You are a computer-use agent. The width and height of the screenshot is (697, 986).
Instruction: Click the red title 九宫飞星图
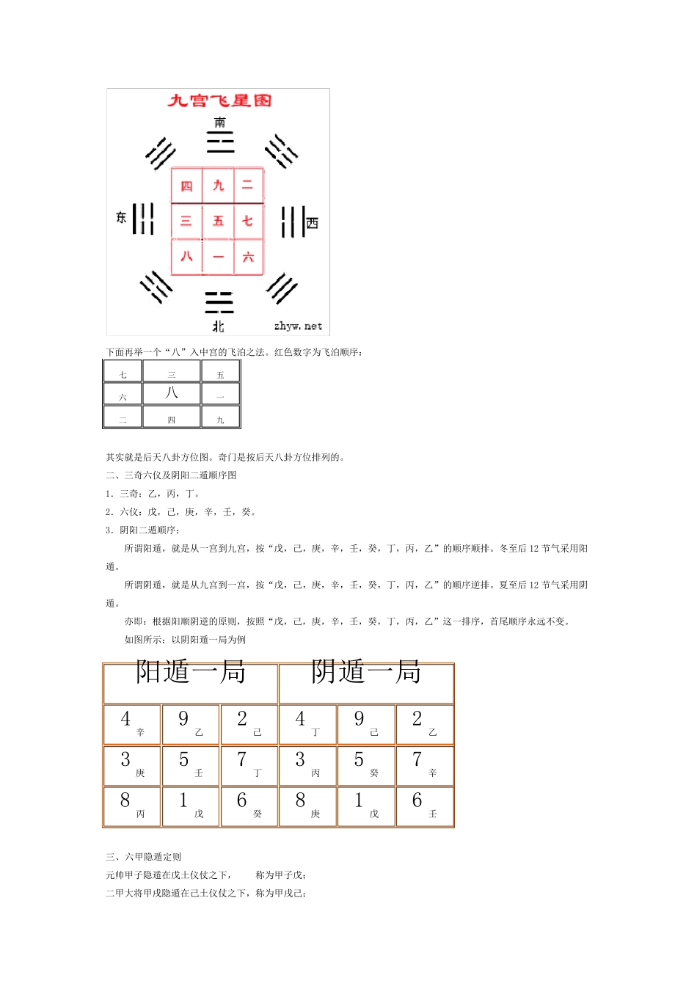[x=219, y=101]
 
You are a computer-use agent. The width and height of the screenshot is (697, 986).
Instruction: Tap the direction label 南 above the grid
[x=220, y=122]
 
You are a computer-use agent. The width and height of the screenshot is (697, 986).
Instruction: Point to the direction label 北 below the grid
[x=219, y=326]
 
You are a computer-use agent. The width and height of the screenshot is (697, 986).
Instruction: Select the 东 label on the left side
[x=121, y=217]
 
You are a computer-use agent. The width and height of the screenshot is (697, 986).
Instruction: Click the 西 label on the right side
[x=313, y=222]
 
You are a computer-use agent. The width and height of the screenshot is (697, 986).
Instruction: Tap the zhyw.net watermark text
[x=298, y=326]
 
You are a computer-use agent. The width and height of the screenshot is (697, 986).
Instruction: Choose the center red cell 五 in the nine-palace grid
[x=218, y=221]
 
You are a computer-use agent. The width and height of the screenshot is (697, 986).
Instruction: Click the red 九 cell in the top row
[x=218, y=186]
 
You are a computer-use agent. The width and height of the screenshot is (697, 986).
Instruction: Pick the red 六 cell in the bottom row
[x=248, y=257]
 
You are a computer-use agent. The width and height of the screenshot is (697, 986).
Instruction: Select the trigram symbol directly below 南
[x=220, y=141]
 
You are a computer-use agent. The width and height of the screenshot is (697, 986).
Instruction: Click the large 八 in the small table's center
[x=172, y=392]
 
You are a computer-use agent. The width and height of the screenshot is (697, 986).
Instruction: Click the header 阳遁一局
[x=191, y=672]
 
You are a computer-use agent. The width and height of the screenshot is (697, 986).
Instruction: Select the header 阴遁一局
[x=365, y=672]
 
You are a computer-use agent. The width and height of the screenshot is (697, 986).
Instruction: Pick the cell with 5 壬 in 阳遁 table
[x=190, y=765]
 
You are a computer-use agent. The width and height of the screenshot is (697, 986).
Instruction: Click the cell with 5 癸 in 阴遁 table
[x=365, y=765]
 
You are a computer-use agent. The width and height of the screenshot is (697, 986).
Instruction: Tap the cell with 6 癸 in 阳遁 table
[x=249, y=806]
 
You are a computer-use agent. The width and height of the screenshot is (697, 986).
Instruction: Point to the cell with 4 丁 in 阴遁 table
[x=307, y=724]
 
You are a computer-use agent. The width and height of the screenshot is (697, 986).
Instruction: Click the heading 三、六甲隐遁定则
[x=144, y=857]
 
